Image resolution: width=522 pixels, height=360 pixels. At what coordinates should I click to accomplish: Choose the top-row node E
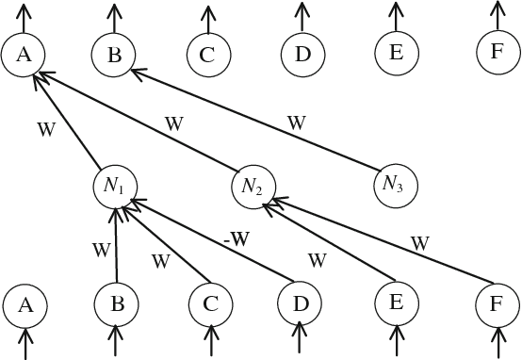(x=396, y=53)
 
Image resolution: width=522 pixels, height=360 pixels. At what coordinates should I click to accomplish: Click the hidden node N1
(x=115, y=184)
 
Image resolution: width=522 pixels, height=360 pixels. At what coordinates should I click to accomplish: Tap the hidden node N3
(x=394, y=183)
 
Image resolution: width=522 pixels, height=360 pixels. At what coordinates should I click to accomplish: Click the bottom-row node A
(x=25, y=304)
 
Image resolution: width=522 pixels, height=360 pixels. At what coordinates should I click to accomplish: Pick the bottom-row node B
(x=116, y=304)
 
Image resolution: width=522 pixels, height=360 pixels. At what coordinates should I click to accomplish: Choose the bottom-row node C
(x=210, y=304)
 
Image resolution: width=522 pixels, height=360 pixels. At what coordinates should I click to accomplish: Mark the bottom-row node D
(x=301, y=303)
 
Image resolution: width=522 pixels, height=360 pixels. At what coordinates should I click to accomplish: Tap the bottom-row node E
(x=396, y=303)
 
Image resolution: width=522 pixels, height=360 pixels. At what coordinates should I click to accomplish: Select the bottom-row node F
(x=497, y=303)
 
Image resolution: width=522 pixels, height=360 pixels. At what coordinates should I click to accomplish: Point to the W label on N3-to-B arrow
(x=296, y=123)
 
